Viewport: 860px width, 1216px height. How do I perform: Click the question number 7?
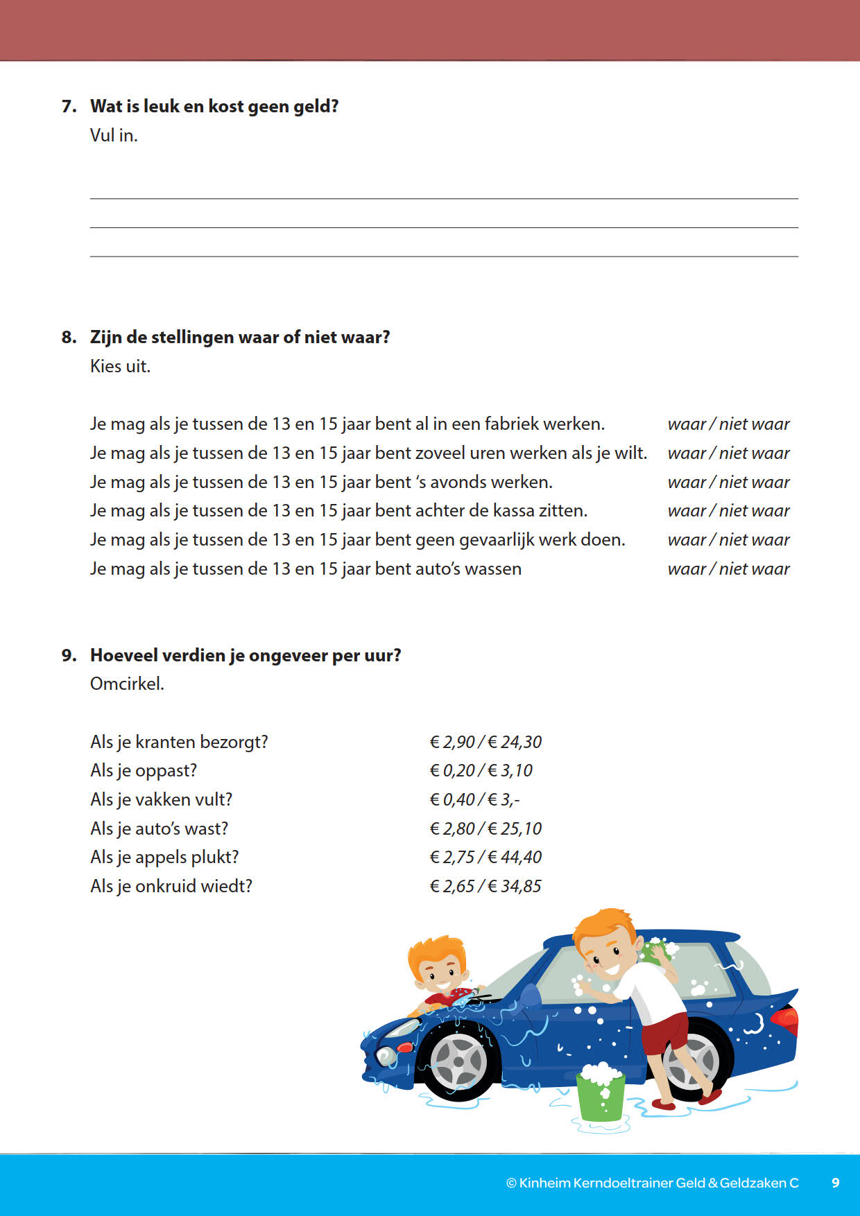pyautogui.click(x=68, y=106)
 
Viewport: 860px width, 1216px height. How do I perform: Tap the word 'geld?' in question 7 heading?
pyautogui.click(x=316, y=107)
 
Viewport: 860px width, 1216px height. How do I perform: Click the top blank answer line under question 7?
pyautogui.click(x=444, y=198)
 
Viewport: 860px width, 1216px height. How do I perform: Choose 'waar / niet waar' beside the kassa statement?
pyautogui.click(x=728, y=511)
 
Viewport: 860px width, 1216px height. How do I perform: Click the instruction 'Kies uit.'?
pyautogui.click(x=120, y=366)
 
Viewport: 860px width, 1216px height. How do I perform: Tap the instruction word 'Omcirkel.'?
pyautogui.click(x=127, y=684)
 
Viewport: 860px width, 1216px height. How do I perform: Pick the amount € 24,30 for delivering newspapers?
pyautogui.click(x=515, y=742)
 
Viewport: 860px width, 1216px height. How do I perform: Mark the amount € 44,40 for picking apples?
pyautogui.click(x=515, y=858)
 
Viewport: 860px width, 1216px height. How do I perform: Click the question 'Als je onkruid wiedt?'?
pyautogui.click(x=171, y=887)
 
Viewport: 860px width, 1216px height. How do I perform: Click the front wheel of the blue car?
pyautogui.click(x=458, y=1061)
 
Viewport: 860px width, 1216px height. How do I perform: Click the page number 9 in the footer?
pyautogui.click(x=836, y=1183)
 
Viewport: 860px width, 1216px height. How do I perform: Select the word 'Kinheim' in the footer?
pyautogui.click(x=545, y=1183)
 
